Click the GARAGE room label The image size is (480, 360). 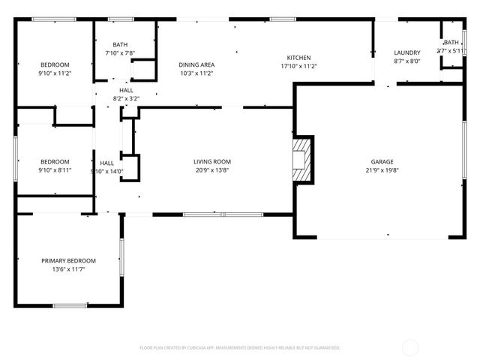[x=382, y=161]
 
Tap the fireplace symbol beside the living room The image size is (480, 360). [x=301, y=159]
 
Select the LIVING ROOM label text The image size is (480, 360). [x=212, y=161]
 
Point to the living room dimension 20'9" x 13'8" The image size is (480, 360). [x=212, y=170]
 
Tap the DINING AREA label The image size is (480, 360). [x=196, y=65]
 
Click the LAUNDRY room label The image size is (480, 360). [x=407, y=52]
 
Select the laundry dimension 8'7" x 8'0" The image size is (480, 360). [x=407, y=61]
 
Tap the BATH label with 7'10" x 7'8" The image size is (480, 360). [x=120, y=45]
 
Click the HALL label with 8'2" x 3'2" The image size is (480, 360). [x=126, y=90]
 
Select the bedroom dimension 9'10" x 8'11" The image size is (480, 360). [x=55, y=170]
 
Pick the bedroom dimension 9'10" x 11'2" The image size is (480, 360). [x=55, y=73]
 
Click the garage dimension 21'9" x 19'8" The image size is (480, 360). [x=382, y=170]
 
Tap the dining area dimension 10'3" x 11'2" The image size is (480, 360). [x=196, y=73]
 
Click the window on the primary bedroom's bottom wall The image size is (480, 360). [x=69, y=305]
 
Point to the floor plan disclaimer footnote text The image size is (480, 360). [x=240, y=347]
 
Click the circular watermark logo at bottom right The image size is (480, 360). [x=410, y=347]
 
